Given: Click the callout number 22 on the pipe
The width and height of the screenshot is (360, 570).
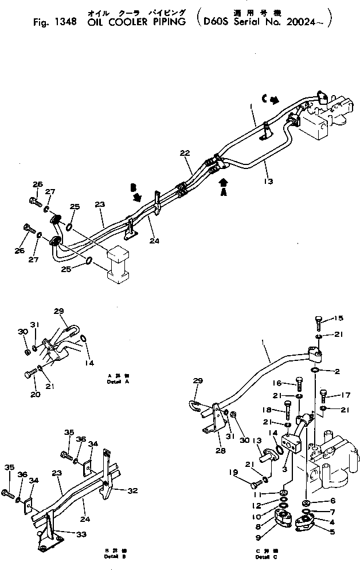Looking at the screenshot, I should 184,153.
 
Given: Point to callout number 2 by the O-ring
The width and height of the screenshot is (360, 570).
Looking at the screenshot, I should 338,372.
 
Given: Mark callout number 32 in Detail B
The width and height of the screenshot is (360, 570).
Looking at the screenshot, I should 133,490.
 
